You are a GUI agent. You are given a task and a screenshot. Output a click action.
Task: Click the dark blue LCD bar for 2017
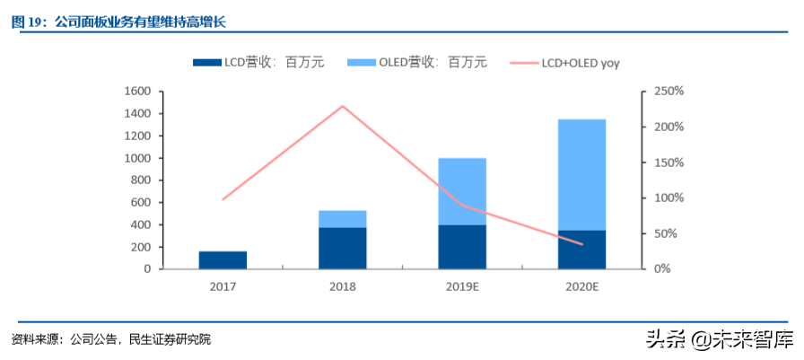pyautogui.click(x=223, y=259)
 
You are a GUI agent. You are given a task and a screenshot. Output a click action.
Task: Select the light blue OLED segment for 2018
pyautogui.click(x=342, y=219)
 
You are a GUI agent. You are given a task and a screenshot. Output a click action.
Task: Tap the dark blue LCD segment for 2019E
pyautogui.click(x=462, y=247)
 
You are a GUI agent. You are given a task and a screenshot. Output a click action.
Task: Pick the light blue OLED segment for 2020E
pyautogui.click(x=581, y=174)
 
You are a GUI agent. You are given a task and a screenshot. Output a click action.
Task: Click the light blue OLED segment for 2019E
pyautogui.click(x=462, y=190)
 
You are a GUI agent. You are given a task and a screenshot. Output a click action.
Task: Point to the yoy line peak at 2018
pyautogui.click(x=342, y=106)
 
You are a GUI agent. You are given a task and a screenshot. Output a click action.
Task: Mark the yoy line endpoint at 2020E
pyautogui.click(x=581, y=244)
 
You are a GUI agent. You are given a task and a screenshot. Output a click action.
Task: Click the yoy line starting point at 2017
pyautogui.click(x=223, y=198)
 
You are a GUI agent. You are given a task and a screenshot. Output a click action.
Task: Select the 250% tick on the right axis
pyautogui.click(x=669, y=92)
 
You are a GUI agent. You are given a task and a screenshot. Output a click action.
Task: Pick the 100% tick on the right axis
pyautogui.click(x=669, y=198)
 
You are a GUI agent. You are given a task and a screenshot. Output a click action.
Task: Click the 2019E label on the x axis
pyautogui.click(x=462, y=286)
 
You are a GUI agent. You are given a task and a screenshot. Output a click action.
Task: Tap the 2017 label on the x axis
pyautogui.click(x=223, y=286)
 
